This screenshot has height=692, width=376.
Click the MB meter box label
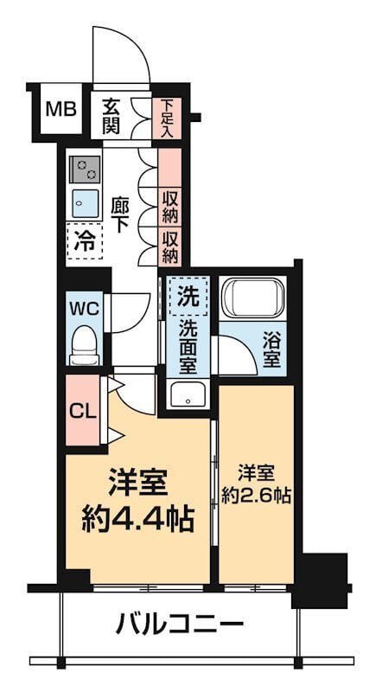(61, 110)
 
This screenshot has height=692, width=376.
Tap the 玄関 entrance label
(112, 116)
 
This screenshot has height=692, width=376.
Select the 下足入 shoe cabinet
(168, 118)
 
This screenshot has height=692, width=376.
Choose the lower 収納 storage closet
(170, 246)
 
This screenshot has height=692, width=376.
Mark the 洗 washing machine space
(187, 296)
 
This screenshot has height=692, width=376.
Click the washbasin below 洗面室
(188, 397)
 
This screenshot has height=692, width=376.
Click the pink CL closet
(83, 410)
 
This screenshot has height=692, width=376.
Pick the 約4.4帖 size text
(138, 519)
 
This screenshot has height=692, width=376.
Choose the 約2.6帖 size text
(256, 497)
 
